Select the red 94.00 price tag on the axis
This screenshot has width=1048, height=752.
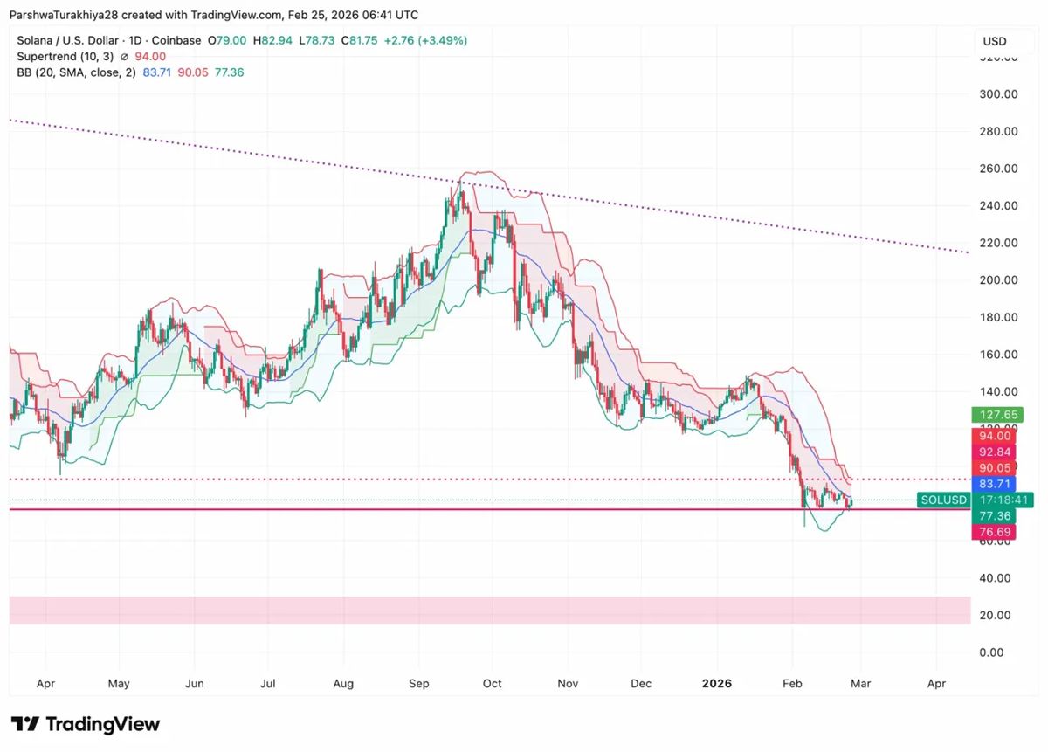996,436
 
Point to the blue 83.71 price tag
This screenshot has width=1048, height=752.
996,484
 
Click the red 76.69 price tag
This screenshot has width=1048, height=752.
996,532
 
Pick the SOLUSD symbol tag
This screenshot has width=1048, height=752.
943,500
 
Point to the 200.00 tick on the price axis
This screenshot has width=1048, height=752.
998,280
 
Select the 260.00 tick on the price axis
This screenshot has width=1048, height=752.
998,169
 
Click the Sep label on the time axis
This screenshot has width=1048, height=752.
419,684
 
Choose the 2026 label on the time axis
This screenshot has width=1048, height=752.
718,684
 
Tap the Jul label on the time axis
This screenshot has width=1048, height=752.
268,684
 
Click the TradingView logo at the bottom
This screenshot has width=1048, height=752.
86,725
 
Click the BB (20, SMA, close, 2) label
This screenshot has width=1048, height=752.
77,72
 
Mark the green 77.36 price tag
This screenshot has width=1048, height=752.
996,516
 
